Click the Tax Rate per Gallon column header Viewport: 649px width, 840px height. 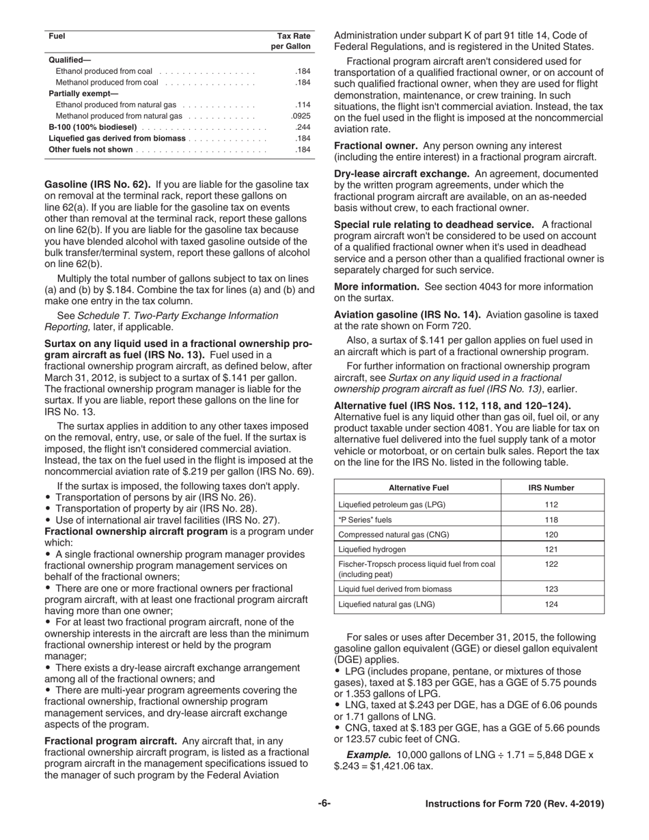[x=294, y=41]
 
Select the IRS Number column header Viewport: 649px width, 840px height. [x=552, y=488]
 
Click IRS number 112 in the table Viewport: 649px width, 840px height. [x=552, y=505]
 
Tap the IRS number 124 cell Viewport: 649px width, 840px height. [x=552, y=604]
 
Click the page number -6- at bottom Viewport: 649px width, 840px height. [x=324, y=804]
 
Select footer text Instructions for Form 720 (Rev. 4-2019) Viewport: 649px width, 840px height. [x=514, y=804]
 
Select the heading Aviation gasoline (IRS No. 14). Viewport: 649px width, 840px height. [x=407, y=314]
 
